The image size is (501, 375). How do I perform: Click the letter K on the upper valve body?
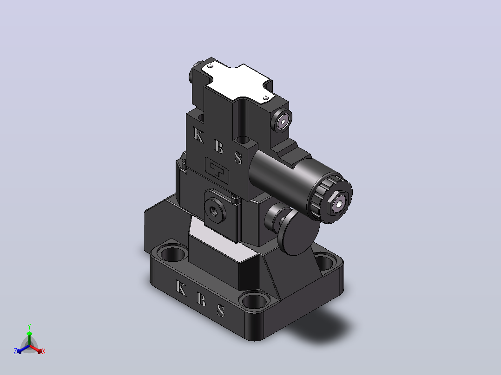click(198, 136)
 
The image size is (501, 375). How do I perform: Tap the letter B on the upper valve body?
click(218, 147)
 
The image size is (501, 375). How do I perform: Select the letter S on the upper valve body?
click(238, 158)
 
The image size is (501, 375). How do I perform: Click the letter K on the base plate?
click(181, 288)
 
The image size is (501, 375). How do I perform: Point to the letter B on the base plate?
click(201, 299)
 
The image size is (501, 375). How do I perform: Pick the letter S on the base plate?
click(220, 310)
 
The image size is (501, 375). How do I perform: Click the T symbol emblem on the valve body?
click(217, 170)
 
